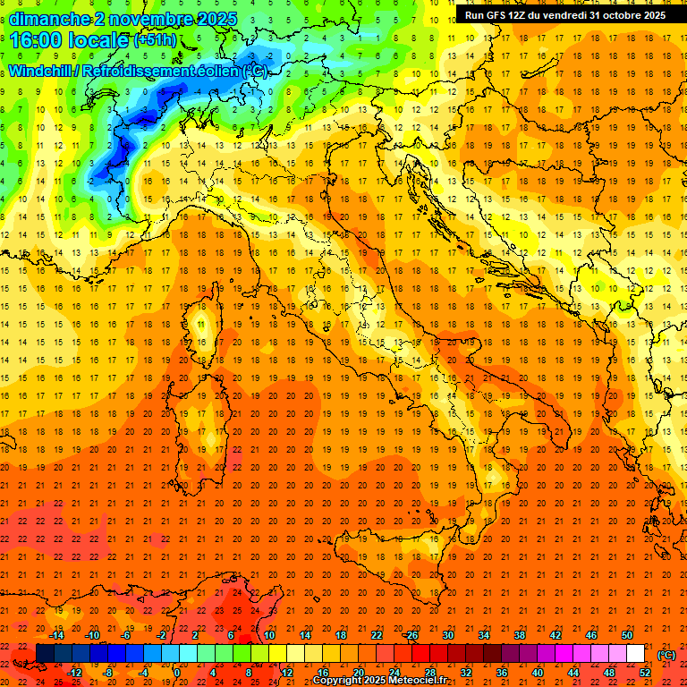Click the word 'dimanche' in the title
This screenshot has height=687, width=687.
pos(48,19)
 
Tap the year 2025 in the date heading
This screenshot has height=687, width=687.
pos(216,19)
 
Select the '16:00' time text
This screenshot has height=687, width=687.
pos(37,39)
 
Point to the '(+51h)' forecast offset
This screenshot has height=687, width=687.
pos(155,40)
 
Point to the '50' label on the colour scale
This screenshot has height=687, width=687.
pos(627,634)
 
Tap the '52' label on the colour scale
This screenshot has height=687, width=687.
pos(644,673)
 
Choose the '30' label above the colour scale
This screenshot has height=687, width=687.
pos(448,634)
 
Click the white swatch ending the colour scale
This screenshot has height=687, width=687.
pos(636,653)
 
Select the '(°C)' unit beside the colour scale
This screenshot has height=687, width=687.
pos(666,654)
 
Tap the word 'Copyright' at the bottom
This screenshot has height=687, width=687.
pos(336,681)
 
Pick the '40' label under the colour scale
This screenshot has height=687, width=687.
pos(538,673)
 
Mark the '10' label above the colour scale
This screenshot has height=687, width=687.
pos(269,634)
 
